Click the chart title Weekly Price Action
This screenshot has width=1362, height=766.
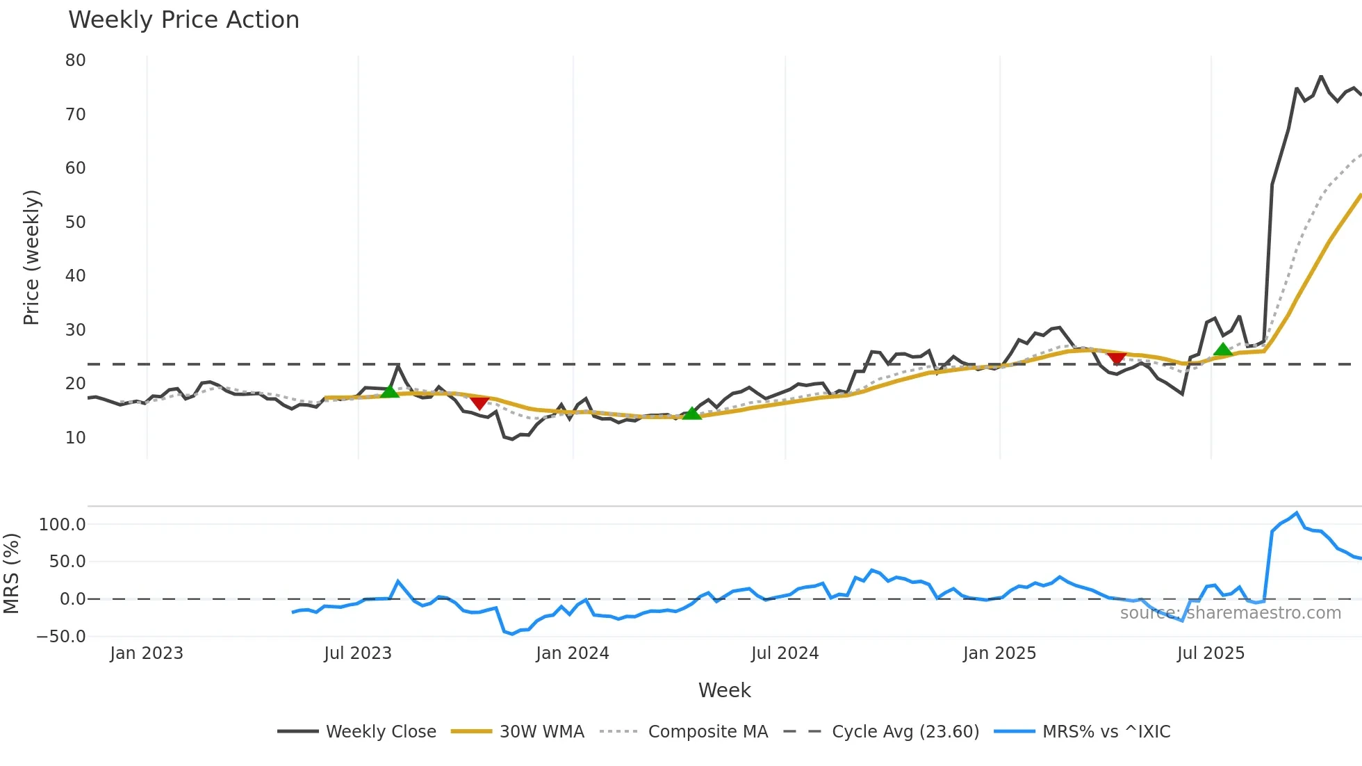pos(183,20)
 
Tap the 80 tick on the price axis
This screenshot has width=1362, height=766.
pos(75,60)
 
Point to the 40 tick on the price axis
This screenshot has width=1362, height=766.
pos(75,276)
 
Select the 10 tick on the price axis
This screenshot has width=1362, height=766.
pos(75,438)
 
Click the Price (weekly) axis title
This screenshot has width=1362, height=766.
pos(31,257)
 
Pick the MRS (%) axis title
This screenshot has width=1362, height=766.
pos(11,573)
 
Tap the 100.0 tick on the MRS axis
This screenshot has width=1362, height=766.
pos(63,525)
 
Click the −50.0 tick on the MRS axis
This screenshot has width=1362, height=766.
pos(61,637)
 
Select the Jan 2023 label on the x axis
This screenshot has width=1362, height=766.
pos(147,653)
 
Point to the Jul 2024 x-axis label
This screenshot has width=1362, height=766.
pos(785,653)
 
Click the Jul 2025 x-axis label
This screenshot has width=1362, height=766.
pos(1211,653)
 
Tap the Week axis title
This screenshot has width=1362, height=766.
pos(724,690)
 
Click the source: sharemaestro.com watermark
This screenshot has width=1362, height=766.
pos(1230,613)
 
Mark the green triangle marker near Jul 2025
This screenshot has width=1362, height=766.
pos(1222,350)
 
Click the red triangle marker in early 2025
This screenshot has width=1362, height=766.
pos(1117,359)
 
